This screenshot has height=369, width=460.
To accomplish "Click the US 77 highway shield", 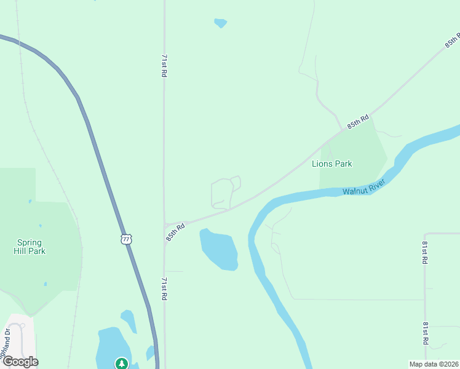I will click(x=126, y=239).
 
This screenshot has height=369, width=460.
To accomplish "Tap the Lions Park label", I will click(x=332, y=164).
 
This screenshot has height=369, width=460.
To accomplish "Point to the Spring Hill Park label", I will click(x=30, y=247).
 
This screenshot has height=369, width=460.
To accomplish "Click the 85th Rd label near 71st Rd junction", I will click(x=175, y=232).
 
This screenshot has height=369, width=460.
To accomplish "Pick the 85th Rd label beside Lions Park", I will click(x=358, y=121).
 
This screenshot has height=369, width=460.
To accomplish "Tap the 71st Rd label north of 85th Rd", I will click(x=164, y=65).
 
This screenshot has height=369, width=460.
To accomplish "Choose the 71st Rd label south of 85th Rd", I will click(x=164, y=288).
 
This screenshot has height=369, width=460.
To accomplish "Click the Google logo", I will click(x=20, y=361).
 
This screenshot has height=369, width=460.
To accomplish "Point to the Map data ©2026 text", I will click(x=433, y=363).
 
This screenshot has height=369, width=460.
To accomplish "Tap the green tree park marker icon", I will click(x=122, y=363).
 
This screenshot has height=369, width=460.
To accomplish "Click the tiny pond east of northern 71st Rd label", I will click(x=220, y=23).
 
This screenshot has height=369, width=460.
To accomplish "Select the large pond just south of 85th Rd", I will click(x=220, y=249).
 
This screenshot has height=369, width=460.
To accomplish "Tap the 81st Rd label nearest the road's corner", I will click(x=424, y=253).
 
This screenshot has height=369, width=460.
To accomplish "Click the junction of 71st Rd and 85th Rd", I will click(x=165, y=224).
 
